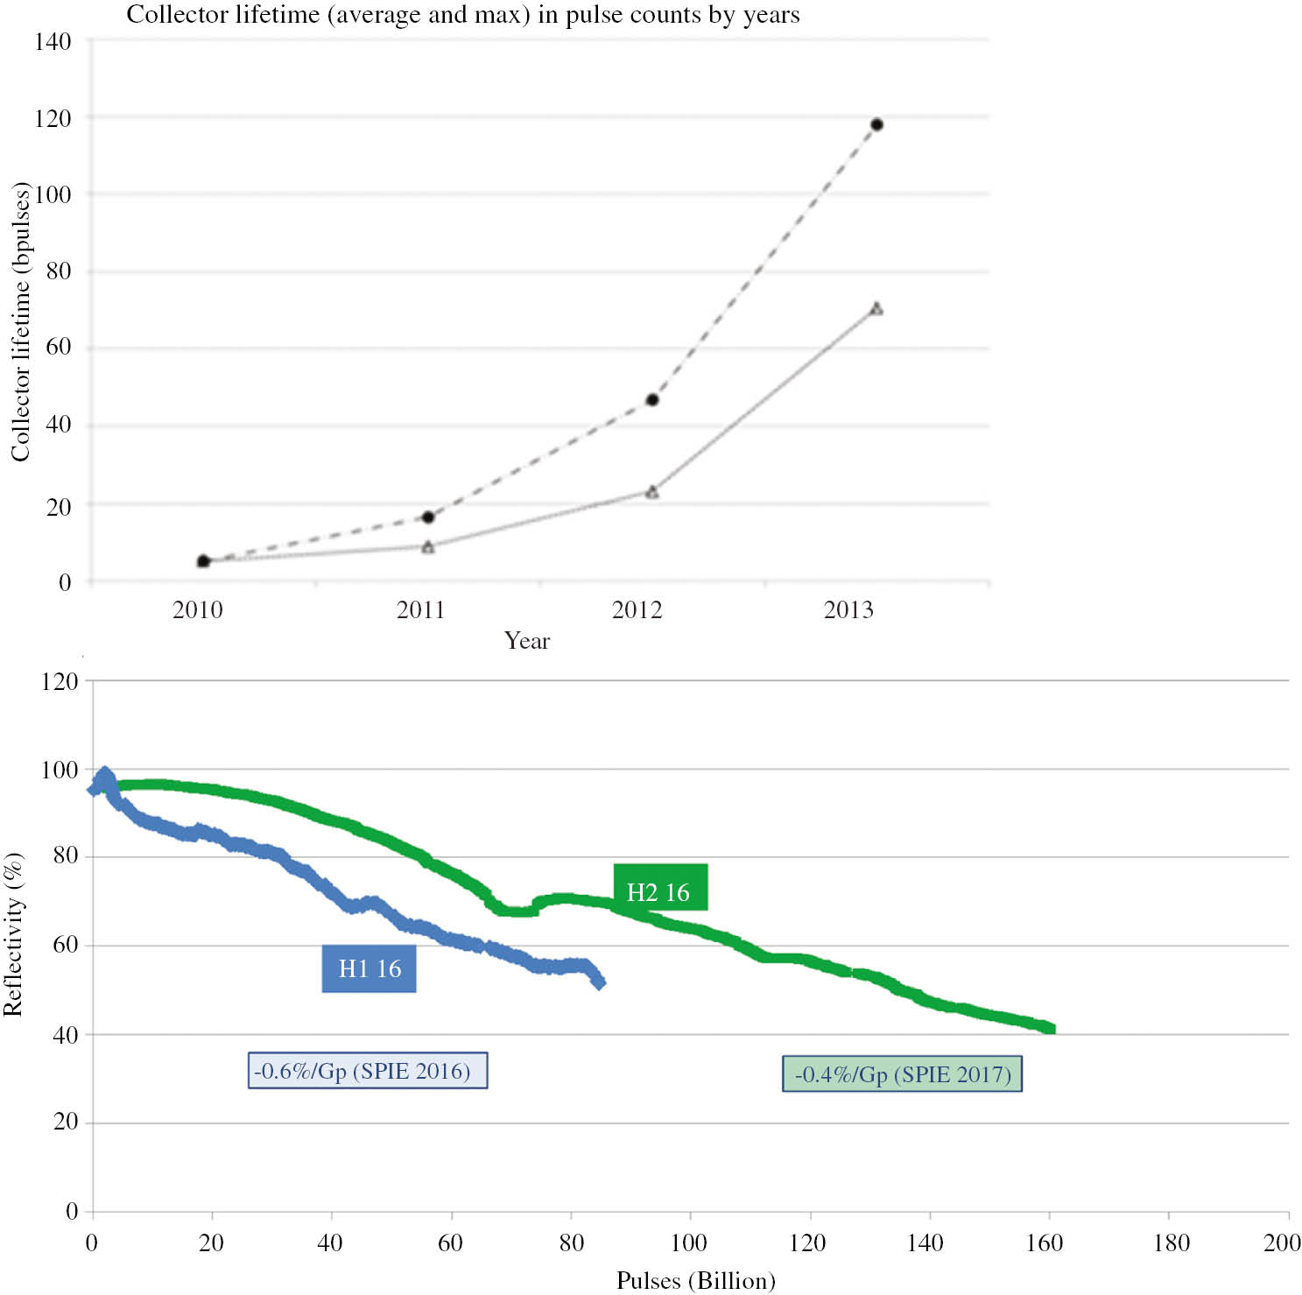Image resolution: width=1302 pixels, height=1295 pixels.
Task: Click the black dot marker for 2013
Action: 876,124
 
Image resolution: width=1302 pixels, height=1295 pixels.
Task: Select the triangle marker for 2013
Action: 876,309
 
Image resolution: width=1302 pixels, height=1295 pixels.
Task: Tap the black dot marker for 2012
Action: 652,400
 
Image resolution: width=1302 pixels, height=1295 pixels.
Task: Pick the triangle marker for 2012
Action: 652,492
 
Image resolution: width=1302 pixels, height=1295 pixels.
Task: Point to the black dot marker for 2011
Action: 428,517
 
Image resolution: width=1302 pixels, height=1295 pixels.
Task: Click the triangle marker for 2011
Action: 428,547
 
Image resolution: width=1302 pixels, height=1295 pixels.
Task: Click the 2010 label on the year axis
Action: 197,609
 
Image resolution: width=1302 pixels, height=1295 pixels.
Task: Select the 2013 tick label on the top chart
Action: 848,609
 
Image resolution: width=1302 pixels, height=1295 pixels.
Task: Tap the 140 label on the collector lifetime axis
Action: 53,42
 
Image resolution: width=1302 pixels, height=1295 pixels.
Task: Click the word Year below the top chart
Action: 527,641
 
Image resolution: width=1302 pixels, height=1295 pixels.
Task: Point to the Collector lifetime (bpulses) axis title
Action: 20,321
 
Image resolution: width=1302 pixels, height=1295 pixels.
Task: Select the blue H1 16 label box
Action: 369,968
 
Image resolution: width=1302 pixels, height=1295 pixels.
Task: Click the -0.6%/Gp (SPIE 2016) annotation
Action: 367,1071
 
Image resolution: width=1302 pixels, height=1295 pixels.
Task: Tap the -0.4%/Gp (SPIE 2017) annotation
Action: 902,1074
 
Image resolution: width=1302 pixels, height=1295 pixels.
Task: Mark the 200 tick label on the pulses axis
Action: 1282,1242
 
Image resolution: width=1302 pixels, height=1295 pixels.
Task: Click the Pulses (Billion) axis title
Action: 696,1280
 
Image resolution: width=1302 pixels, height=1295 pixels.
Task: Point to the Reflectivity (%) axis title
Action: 13,933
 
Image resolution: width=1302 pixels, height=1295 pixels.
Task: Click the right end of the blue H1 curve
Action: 599,982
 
